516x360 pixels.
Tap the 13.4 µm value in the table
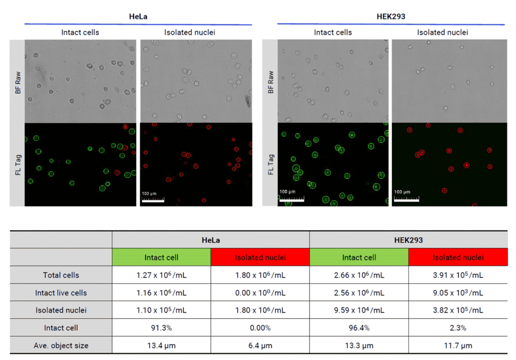pyautogui.click(x=161, y=345)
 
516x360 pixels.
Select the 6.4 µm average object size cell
pyautogui.click(x=260, y=345)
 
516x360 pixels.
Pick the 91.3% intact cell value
pyautogui.click(x=161, y=328)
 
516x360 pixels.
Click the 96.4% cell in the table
pyautogui.click(x=359, y=328)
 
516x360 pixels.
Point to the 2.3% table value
pyautogui.click(x=458, y=328)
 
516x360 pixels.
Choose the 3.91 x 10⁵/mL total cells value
pyautogui.click(x=458, y=275)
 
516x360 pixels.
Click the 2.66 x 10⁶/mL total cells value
pyautogui.click(x=359, y=275)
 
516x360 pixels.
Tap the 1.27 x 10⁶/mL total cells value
pyautogui.click(x=161, y=275)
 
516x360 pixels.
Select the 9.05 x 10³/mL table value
pyautogui.click(x=458, y=293)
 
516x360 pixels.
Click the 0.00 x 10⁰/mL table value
pyautogui.click(x=260, y=293)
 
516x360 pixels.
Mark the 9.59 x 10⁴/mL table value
pyautogui.click(x=359, y=311)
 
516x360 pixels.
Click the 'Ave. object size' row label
pyautogui.click(x=61, y=345)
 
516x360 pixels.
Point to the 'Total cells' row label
pyautogui.click(x=61, y=275)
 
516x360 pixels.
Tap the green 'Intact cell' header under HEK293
pyautogui.click(x=359, y=258)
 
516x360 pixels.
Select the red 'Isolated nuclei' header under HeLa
pyautogui.click(x=260, y=258)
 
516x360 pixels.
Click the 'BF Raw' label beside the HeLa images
pyautogui.click(x=18, y=82)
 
